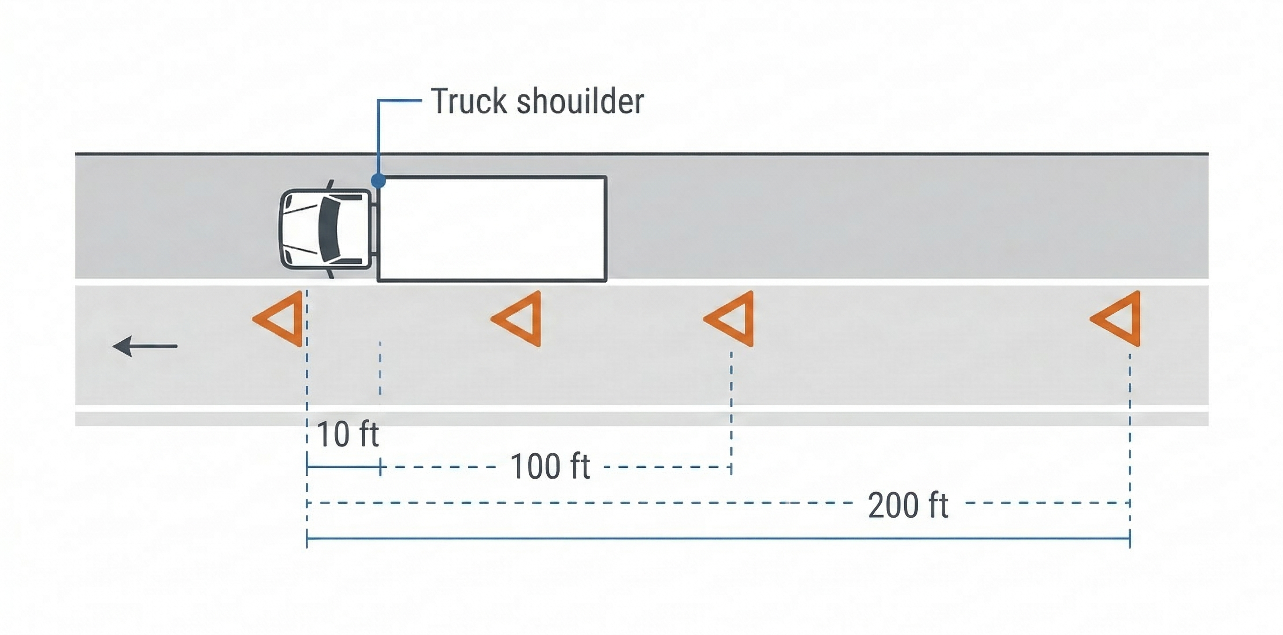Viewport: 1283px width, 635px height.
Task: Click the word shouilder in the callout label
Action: click(580, 101)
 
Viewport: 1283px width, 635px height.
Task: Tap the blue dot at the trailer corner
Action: click(378, 180)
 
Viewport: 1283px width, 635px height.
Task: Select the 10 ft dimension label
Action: click(347, 433)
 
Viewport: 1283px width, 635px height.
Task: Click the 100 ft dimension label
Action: click(550, 467)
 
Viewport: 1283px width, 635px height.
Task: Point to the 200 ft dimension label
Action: click(908, 505)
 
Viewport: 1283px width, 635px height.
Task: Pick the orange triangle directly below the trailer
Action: click(521, 319)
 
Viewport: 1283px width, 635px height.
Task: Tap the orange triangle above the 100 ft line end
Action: click(734, 319)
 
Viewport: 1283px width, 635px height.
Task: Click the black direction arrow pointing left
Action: click(145, 346)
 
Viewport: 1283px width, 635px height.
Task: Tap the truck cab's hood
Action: click(299, 229)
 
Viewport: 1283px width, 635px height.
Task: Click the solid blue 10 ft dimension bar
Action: click(344, 467)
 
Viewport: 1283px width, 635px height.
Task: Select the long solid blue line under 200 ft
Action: click(717, 538)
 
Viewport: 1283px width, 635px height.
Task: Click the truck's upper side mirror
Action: click(330, 184)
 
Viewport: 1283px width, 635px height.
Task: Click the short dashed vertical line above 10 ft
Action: click(380, 369)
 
